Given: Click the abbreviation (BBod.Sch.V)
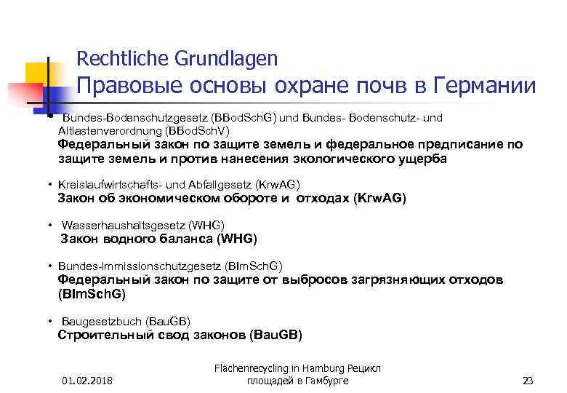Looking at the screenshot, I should pyautogui.click(x=197, y=130).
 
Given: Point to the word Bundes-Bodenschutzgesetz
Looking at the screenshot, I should pyautogui.click(x=134, y=117).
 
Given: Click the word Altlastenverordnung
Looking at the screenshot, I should pyautogui.click(x=110, y=130).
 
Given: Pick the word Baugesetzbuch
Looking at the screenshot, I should pyautogui.click(x=102, y=321).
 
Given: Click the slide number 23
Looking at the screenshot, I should pyautogui.click(x=528, y=381).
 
